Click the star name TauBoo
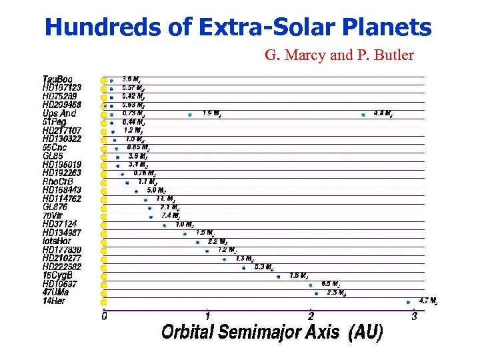[x=58, y=79]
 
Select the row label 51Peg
[x=55, y=122]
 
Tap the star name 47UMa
[x=56, y=292]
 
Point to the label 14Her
[x=55, y=301]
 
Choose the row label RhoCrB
[x=58, y=181]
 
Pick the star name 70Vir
[x=53, y=215]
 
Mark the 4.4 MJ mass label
[x=383, y=113]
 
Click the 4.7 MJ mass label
[x=428, y=301]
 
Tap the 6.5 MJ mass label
[x=331, y=284]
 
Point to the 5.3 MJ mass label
[x=264, y=267]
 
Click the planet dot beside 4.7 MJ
[x=408, y=301]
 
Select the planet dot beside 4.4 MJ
[x=363, y=114]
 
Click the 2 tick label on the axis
[x=311, y=317]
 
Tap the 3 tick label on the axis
[x=414, y=317]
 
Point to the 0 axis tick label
[x=104, y=317]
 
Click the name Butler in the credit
[x=391, y=55]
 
